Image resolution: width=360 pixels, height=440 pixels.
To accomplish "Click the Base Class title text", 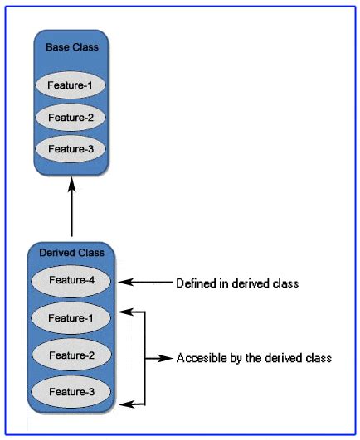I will (x=71, y=47).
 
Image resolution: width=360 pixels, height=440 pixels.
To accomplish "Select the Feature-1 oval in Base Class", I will (x=71, y=85).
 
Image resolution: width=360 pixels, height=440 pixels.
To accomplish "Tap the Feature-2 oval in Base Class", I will (x=71, y=117).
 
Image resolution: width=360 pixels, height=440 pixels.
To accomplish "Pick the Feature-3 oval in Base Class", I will (x=71, y=149).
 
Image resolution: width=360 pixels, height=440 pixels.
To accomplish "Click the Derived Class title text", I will (x=71, y=252).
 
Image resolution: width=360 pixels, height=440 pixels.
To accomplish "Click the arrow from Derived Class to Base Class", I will (x=71, y=211).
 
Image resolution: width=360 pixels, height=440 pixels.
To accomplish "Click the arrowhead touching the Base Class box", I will (x=71, y=187).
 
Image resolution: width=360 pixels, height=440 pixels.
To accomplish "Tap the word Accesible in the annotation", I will (x=200, y=359).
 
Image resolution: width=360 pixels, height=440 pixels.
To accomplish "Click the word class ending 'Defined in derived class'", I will (x=284, y=283).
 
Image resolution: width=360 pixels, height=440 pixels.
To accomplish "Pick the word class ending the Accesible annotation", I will (x=318, y=359).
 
